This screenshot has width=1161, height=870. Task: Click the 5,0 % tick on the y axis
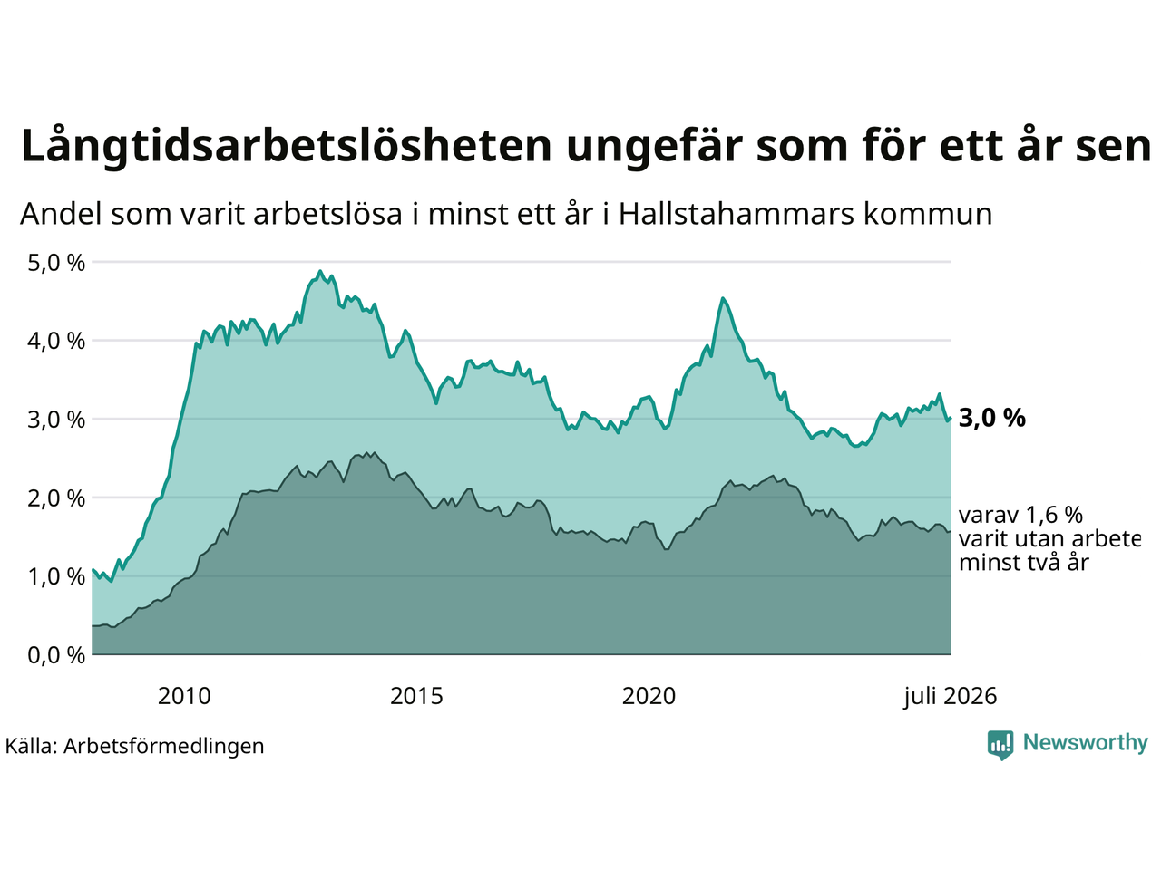click(56, 263)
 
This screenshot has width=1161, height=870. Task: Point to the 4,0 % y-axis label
click(56, 342)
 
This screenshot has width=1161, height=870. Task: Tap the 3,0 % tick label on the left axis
click(56, 420)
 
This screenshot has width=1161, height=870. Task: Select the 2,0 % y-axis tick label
click(56, 498)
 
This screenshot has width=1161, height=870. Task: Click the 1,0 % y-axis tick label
click(56, 577)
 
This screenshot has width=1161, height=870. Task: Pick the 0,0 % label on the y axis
click(56, 656)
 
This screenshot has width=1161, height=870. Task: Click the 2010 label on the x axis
click(184, 697)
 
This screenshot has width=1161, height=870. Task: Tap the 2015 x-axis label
click(416, 697)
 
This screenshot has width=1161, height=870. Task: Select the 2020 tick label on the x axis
click(649, 697)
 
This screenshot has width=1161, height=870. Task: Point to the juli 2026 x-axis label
click(951, 697)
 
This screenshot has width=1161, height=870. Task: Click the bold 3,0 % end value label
click(992, 419)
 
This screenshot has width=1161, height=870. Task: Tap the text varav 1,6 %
click(1020, 515)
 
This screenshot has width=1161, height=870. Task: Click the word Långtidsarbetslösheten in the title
click(286, 146)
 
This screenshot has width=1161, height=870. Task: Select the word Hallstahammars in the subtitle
click(736, 214)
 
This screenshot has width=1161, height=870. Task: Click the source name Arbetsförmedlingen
click(163, 747)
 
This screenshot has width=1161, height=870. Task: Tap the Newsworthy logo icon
click(1000, 745)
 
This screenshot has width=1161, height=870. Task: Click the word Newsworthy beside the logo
click(1086, 743)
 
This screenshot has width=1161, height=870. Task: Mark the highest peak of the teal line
click(320, 272)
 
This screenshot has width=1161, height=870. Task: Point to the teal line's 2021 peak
click(723, 299)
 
